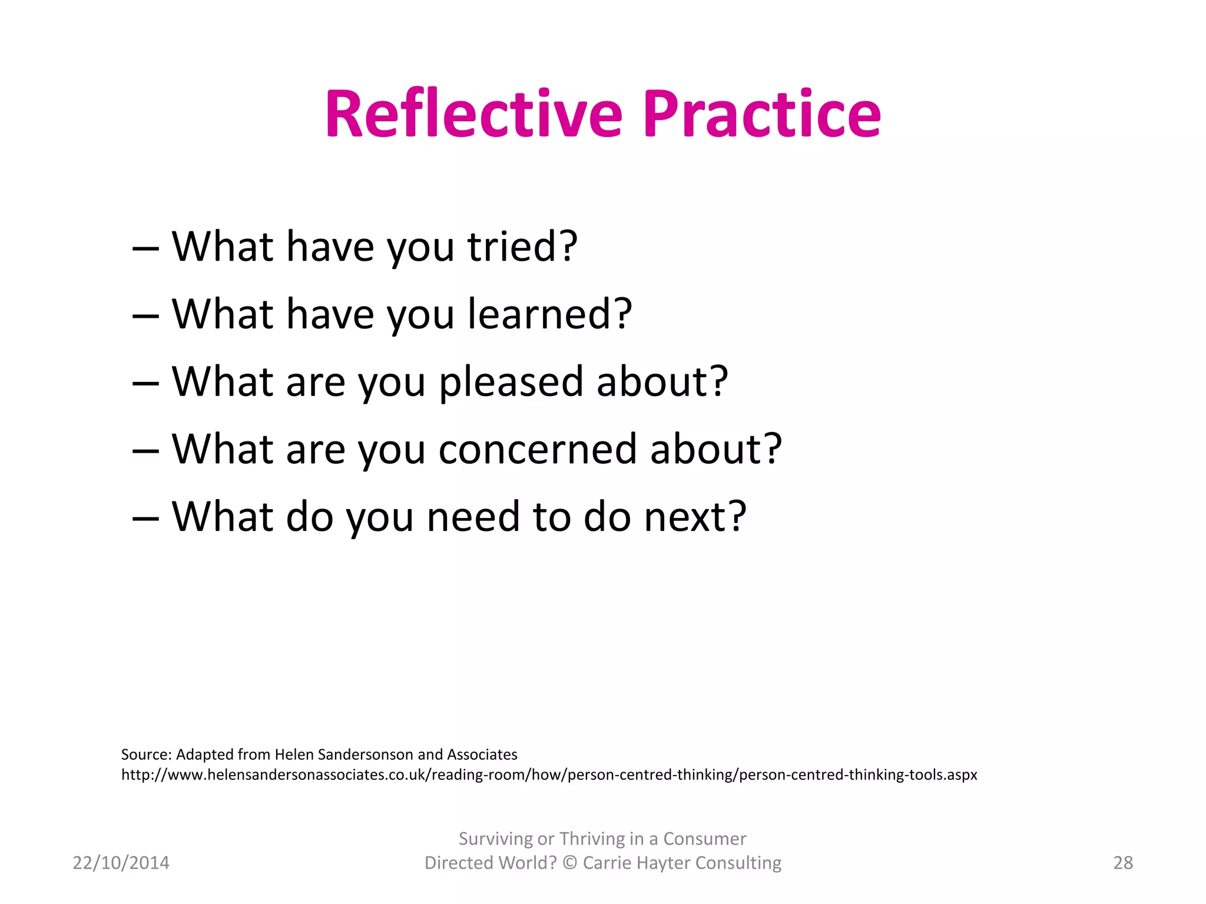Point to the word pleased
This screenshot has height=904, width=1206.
(511, 383)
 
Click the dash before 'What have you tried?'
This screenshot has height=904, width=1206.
(145, 248)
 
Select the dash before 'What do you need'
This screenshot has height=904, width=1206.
(145, 519)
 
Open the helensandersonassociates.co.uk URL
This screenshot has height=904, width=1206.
(549, 775)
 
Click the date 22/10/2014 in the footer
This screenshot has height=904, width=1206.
(121, 863)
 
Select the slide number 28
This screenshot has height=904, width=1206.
(1123, 863)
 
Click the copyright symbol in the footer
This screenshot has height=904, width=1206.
(569, 863)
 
